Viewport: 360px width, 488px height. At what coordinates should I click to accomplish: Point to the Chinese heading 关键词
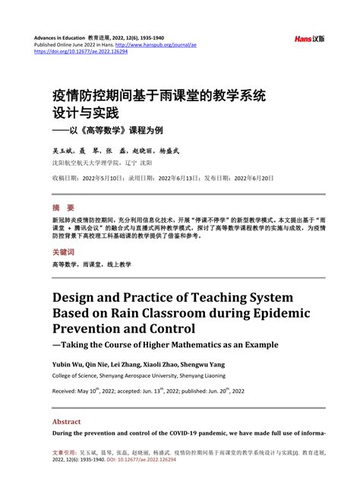click(64, 252)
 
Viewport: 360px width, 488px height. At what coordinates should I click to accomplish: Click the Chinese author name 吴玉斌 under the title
click(63, 152)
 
